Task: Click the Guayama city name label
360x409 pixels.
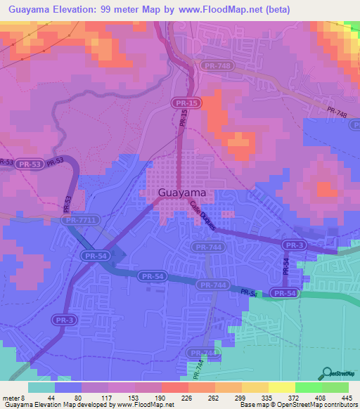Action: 173,193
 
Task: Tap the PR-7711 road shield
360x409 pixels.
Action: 77,220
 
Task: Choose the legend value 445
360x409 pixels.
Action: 345,398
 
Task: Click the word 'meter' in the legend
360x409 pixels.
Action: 10,398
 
